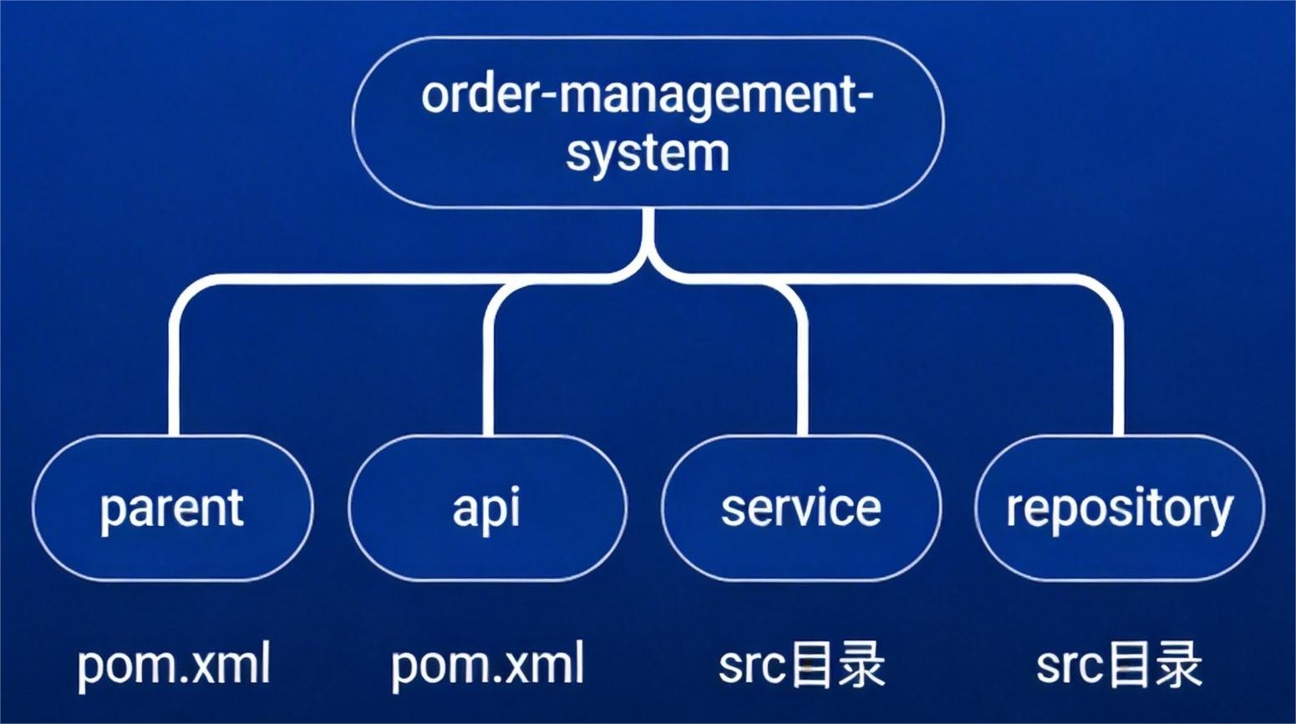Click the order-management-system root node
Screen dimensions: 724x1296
pyautogui.click(x=648, y=123)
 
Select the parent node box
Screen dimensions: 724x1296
pyautogui.click(x=173, y=508)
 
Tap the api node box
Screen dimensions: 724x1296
pyautogui.click(x=487, y=508)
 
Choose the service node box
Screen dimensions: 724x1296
pyautogui.click(x=801, y=508)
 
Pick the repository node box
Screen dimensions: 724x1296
pyautogui.click(x=1119, y=508)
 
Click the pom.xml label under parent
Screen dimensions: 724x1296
pyautogui.click(x=174, y=666)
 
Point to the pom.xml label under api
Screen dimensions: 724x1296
pyautogui.click(x=487, y=666)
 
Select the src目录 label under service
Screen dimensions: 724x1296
pyautogui.click(x=801, y=666)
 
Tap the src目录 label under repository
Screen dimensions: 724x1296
pyautogui.click(x=1119, y=666)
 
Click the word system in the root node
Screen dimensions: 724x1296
pyautogui.click(x=648, y=154)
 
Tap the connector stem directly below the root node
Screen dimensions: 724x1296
pyautogui.click(x=648, y=234)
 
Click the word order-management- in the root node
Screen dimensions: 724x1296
pyautogui.click(x=648, y=94)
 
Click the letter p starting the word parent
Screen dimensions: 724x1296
pyautogui.click(x=109, y=510)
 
